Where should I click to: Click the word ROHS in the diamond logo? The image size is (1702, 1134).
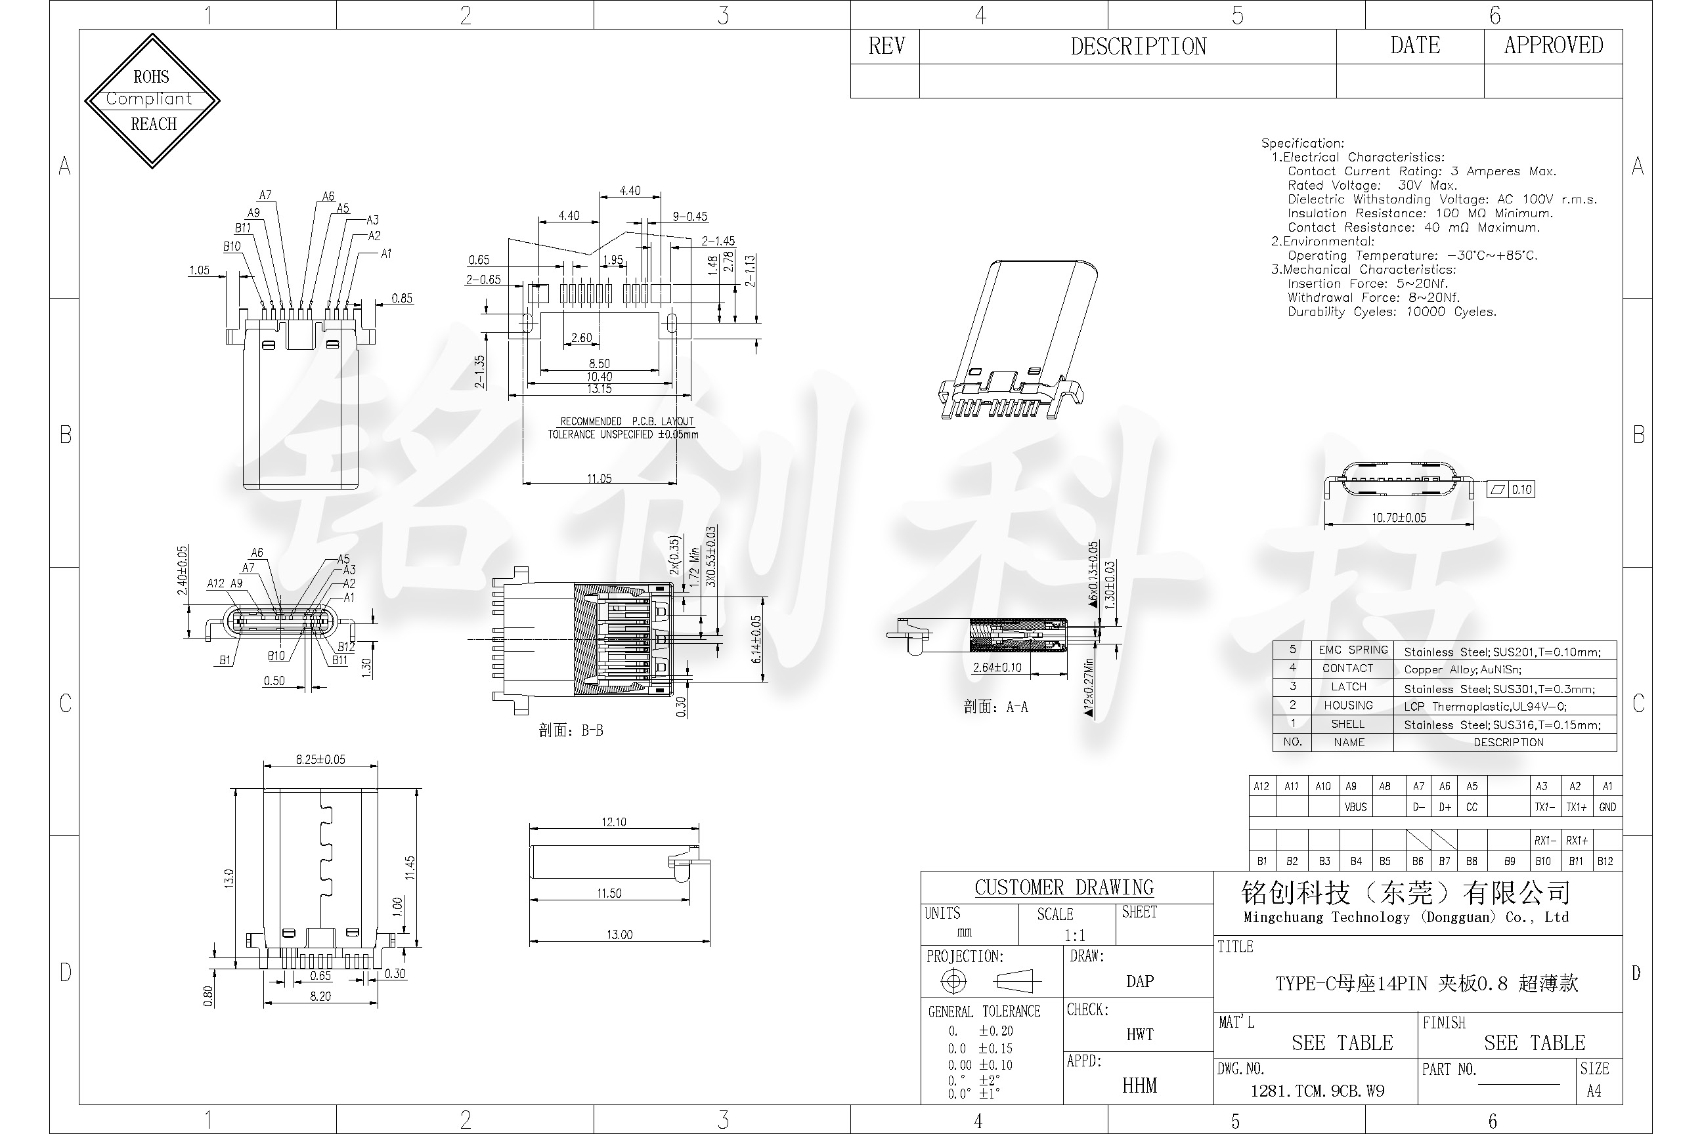click(150, 77)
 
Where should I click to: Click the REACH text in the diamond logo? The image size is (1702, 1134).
click(154, 123)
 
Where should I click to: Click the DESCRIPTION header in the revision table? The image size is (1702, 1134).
click(1137, 47)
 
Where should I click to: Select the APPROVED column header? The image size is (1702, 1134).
click(1553, 45)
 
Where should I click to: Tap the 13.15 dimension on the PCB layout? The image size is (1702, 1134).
click(599, 389)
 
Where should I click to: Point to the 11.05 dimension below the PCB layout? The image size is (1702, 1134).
click(599, 478)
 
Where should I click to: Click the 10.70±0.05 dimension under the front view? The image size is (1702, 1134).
click(1398, 518)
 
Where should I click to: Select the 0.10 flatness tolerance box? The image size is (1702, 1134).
click(1521, 490)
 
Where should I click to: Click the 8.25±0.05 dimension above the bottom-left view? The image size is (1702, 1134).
click(320, 759)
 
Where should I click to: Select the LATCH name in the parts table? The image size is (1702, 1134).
click(1348, 686)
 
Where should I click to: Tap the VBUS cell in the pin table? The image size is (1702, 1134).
click(1355, 807)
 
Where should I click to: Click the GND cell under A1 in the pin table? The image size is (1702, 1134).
click(1607, 807)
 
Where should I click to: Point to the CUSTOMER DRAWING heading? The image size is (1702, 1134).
click(1064, 887)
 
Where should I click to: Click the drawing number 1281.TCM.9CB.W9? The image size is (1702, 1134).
click(1317, 1091)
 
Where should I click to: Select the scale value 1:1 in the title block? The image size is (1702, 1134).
click(1074, 935)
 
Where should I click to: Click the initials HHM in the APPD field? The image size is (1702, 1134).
click(1139, 1085)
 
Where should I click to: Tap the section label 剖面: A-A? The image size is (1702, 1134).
click(995, 707)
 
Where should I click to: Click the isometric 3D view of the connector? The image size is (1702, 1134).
click(1016, 340)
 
